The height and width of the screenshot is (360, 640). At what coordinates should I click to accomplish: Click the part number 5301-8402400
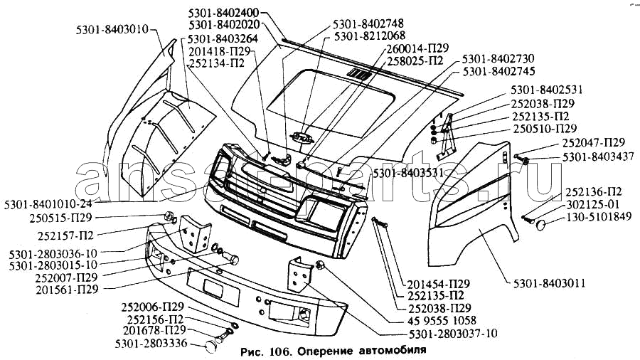coord(224,13)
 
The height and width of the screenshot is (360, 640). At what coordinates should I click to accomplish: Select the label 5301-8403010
coord(112,30)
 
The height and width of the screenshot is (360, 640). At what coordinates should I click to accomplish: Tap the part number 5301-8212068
coord(369,36)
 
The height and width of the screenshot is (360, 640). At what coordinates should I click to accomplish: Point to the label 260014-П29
coord(417,48)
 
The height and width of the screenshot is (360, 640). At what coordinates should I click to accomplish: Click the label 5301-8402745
coord(498,71)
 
